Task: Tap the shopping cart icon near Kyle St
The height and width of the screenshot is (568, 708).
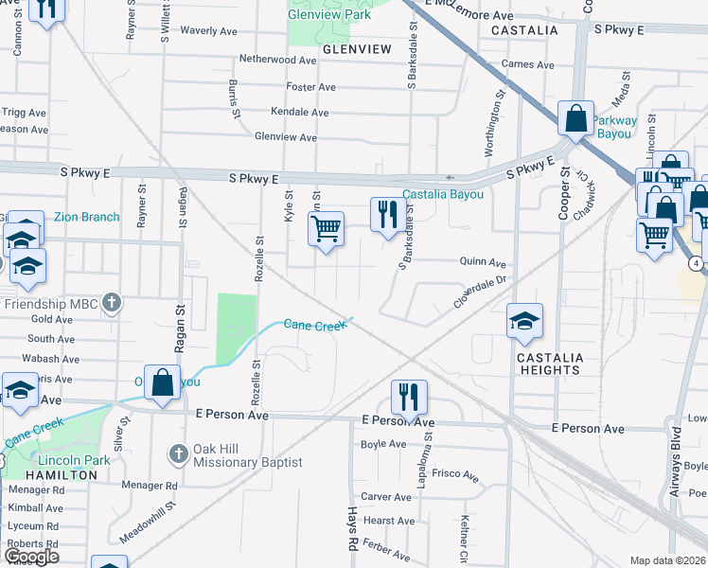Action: click(x=326, y=228)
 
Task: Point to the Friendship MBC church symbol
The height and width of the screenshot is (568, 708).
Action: click(x=112, y=303)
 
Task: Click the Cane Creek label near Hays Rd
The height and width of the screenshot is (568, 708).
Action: click(x=316, y=325)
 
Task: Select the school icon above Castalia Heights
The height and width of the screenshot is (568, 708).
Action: click(x=524, y=320)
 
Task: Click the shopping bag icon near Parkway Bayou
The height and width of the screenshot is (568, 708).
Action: click(x=575, y=118)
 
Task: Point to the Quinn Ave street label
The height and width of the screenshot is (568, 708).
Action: click(x=483, y=262)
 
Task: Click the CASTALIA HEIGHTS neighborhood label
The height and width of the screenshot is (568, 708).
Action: click(x=548, y=364)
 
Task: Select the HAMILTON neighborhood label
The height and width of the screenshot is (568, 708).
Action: click(x=62, y=474)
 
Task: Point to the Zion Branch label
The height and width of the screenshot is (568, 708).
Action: click(x=86, y=217)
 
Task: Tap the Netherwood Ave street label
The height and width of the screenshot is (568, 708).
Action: click(x=279, y=60)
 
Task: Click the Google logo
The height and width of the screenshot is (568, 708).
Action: click(x=31, y=557)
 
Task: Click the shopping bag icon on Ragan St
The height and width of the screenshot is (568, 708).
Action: click(x=162, y=382)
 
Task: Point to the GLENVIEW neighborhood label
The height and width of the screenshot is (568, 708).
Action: click(x=357, y=48)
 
